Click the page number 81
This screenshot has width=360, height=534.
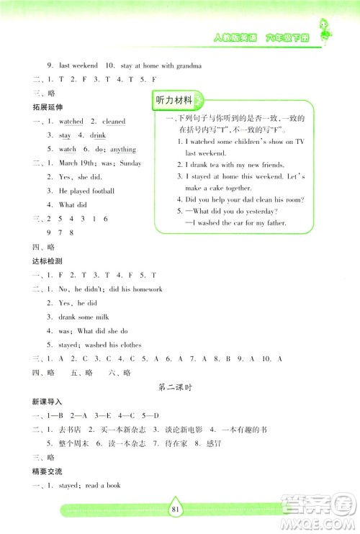(x=179, y=512)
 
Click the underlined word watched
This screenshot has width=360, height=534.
(x=71, y=122)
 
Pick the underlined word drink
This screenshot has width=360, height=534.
(x=98, y=135)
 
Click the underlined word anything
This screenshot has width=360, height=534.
(x=123, y=150)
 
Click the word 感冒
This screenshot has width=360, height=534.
(x=195, y=443)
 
